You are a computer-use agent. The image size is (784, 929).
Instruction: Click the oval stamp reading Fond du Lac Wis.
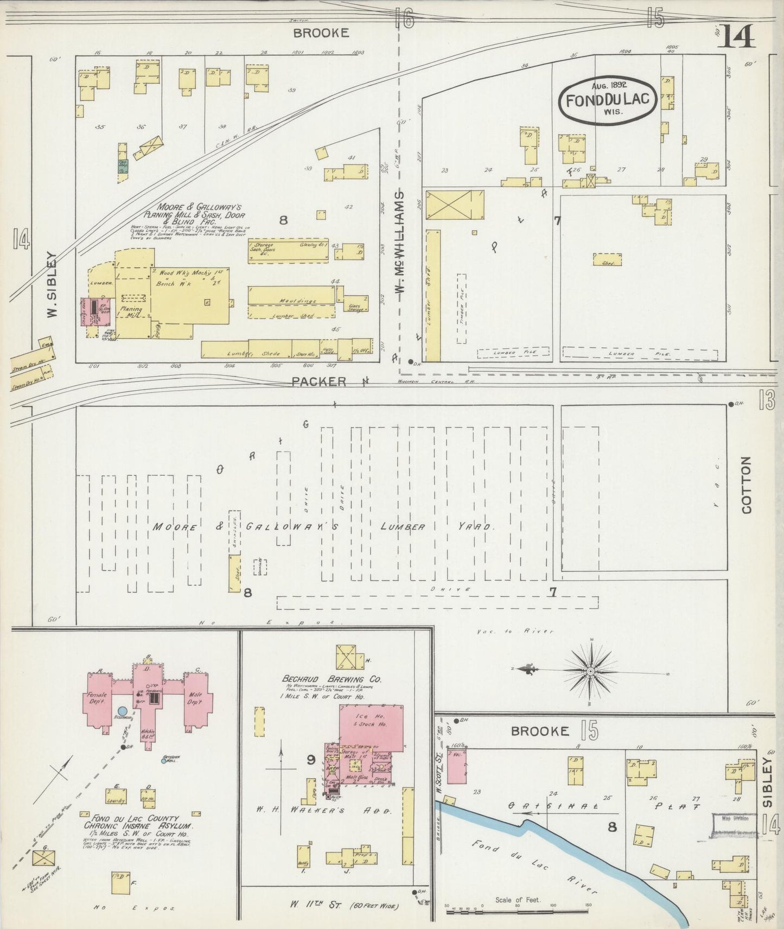[610, 100]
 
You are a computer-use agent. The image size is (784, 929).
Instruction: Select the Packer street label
[318, 381]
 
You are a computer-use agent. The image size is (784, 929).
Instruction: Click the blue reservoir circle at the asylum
[123, 711]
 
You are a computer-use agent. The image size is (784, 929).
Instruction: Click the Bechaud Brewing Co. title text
[332, 679]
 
